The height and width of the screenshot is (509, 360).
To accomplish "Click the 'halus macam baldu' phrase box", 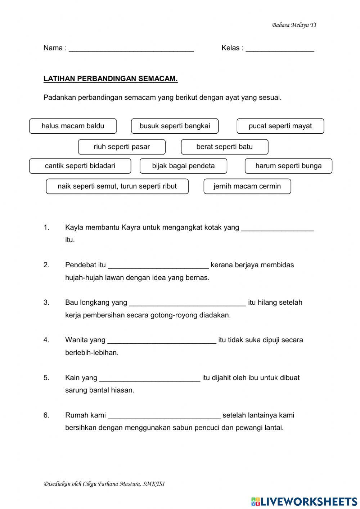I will (73, 126).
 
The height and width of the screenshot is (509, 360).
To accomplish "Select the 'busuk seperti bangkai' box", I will (175, 126).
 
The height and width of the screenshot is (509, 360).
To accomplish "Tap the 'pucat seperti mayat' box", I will (280, 126).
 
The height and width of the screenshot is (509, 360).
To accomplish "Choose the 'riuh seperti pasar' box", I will (122, 147).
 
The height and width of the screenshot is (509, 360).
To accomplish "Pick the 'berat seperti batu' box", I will (224, 147).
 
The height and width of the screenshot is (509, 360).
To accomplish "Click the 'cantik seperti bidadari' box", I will (80, 166).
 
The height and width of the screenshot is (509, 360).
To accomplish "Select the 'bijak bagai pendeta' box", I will (183, 166).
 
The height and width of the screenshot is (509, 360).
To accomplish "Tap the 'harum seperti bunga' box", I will (288, 166).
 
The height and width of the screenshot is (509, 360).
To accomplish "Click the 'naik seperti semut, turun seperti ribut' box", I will (117, 187).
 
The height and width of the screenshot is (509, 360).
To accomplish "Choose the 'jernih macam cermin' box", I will (247, 187).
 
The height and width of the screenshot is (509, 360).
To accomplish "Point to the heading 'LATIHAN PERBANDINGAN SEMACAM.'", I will (111, 79).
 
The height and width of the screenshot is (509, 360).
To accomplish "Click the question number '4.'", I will (46, 340).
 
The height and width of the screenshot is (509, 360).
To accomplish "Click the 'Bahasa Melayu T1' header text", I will (294, 25).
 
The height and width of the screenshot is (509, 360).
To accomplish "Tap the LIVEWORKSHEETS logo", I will (304, 501).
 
